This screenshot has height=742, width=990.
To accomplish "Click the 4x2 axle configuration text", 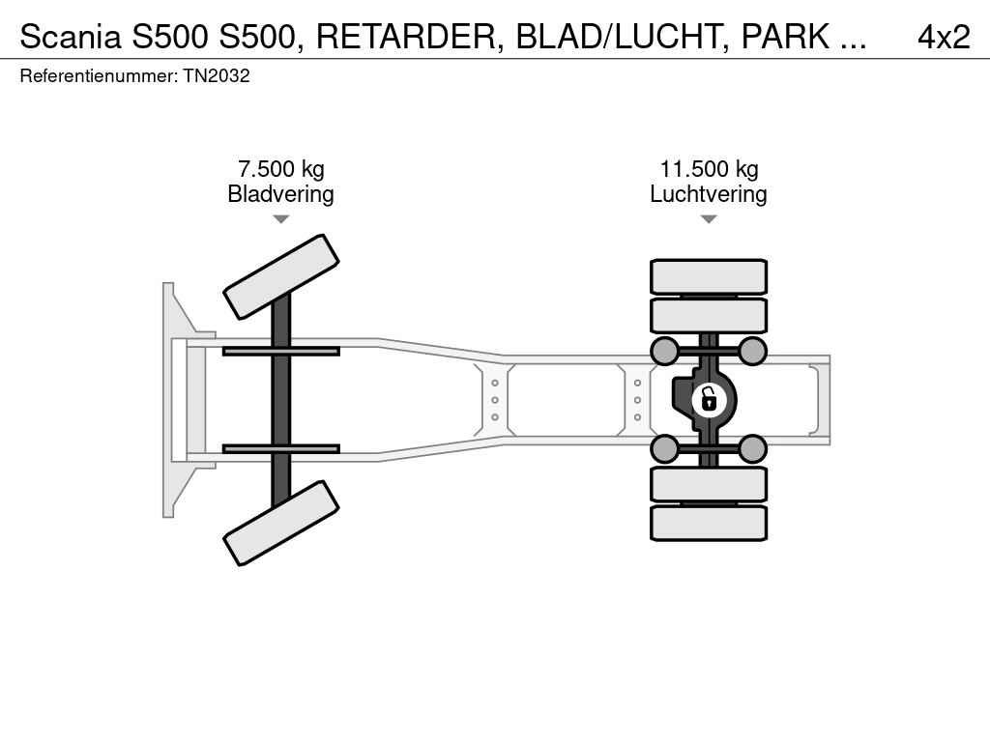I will pyautogui.click(x=943, y=37).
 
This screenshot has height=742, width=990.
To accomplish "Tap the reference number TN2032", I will pyautogui.click(x=217, y=75).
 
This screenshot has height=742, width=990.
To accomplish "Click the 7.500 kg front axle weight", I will pyautogui.click(x=281, y=169).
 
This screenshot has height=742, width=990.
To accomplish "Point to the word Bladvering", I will pyautogui.click(x=280, y=194).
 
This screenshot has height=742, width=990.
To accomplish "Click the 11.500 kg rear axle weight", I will pyautogui.click(x=709, y=169).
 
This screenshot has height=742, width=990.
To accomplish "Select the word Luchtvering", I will pyautogui.click(x=709, y=194).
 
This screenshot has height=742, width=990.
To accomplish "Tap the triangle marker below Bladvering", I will pyautogui.click(x=280, y=219).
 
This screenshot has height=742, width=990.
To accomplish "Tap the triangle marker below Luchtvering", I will pyautogui.click(x=709, y=219).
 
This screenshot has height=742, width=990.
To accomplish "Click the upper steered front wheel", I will pyautogui.click(x=281, y=276).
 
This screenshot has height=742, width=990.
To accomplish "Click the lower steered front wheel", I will pyautogui.click(x=281, y=523).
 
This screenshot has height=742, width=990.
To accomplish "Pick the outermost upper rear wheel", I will pyautogui.click(x=709, y=276).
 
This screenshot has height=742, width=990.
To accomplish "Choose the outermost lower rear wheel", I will pyautogui.click(x=709, y=523).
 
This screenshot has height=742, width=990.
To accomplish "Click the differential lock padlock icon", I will pyautogui.click(x=709, y=398).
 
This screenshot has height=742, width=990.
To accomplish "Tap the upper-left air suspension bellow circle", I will pyautogui.click(x=665, y=351).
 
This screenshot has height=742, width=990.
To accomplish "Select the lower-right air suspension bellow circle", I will pyautogui.click(x=752, y=448).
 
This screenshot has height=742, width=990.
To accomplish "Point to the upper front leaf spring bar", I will pyautogui.click(x=280, y=351).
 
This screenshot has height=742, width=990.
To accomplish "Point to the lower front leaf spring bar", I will pyautogui.click(x=280, y=448).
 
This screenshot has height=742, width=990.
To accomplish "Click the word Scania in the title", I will pyautogui.click(x=67, y=37).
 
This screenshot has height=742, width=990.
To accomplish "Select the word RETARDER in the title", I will pyautogui.click(x=407, y=37).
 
